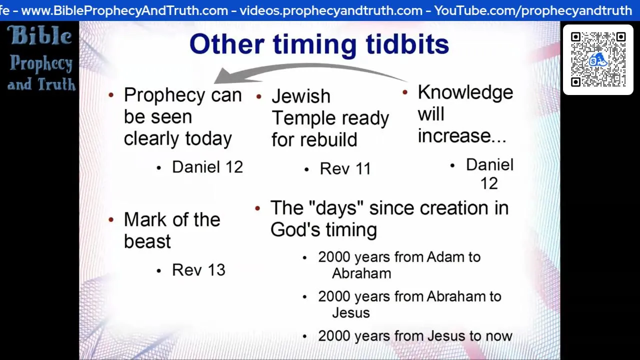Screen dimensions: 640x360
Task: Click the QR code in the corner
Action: click(598, 59)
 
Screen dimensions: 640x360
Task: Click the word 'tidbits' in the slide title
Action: click(407, 44)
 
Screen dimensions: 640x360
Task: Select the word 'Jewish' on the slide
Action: click(301, 96)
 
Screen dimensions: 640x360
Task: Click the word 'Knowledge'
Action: click(465, 92)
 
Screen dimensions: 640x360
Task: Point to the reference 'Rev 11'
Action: click(345, 168)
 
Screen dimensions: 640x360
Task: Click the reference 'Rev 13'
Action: click(198, 269)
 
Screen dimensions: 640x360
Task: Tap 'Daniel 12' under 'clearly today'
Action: click(207, 167)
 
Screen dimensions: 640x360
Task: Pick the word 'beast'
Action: click(147, 241)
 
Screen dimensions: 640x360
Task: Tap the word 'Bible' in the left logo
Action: click(39, 35)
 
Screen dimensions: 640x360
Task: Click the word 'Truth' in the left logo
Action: click(56, 84)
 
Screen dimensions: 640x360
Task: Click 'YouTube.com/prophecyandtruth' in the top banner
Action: click(533, 11)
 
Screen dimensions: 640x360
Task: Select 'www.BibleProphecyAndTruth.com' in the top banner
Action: click(124, 11)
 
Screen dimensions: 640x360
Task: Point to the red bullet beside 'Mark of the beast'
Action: click(111, 219)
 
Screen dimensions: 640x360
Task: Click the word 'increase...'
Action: click(462, 135)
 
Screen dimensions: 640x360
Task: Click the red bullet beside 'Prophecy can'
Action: click(111, 95)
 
